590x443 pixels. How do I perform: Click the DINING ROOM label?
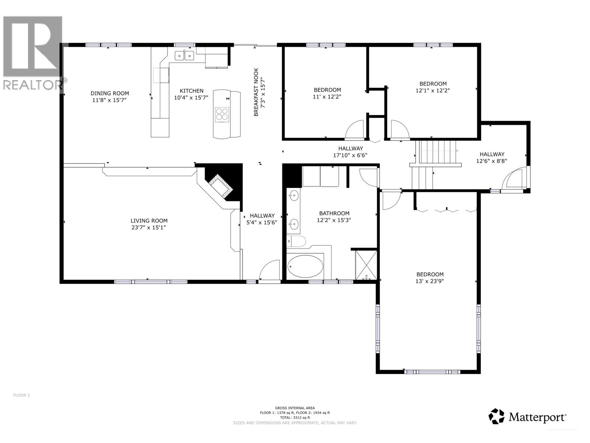[110, 93]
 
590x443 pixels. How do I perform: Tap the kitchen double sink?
[184, 56]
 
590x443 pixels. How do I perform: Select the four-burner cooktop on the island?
[222, 114]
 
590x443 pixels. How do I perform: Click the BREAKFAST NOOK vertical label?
[256, 92]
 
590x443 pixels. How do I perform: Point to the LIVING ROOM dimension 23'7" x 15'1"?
[149, 227]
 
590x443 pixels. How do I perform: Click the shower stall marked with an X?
[366, 265]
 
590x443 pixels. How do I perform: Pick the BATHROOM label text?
[334, 213]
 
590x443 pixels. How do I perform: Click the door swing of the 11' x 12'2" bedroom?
[355, 131]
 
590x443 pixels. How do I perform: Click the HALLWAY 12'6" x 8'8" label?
[492, 154]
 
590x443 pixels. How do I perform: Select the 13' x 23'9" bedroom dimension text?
[430, 281]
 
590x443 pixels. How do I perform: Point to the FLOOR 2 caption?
[21, 395]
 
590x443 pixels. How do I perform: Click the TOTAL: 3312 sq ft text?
[295, 418]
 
